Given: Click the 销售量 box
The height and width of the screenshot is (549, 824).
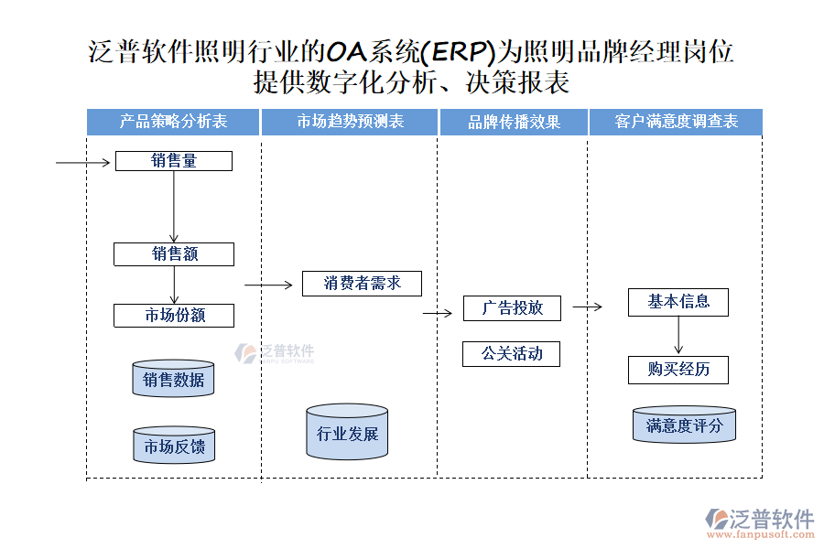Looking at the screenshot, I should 173,161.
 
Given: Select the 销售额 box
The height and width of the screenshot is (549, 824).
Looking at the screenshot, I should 174,254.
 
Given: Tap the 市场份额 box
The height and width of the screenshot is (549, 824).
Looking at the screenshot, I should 174,316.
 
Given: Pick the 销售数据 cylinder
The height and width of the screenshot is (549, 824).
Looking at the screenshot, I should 173,379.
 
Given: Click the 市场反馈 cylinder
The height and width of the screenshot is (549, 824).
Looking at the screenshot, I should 174,446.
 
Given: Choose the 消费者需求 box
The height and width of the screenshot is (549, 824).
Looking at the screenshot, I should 363,284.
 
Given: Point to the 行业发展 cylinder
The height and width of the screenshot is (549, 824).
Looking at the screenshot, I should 347,432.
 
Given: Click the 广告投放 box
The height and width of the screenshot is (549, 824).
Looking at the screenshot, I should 512,308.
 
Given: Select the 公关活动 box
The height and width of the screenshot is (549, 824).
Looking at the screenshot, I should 512,354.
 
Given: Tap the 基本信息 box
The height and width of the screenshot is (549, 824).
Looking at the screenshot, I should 678,302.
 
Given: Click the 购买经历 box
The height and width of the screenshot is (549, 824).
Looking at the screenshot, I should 678,370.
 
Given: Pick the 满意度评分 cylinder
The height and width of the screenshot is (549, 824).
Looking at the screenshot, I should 684,425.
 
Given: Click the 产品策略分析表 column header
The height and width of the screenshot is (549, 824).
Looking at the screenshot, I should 174,122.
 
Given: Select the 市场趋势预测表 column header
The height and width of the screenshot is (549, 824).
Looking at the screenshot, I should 350,122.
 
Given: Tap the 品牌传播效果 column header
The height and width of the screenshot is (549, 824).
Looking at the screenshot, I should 514,122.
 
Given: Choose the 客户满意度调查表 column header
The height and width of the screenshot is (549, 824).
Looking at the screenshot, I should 676,122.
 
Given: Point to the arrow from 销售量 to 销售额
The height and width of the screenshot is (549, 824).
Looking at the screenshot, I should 174,207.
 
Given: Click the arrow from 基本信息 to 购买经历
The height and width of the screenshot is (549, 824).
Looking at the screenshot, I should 678,336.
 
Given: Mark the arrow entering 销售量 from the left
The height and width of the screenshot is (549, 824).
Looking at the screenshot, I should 84,163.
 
